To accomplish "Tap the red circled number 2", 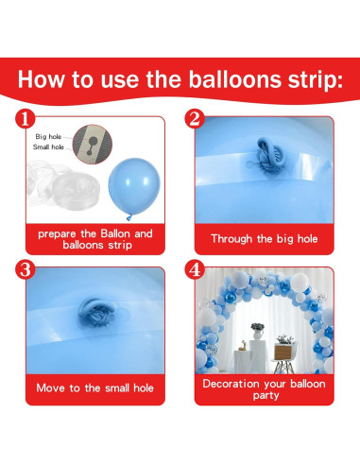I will pyautogui.click(x=196, y=119).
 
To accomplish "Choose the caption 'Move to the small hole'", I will pyautogui.click(x=94, y=387).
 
